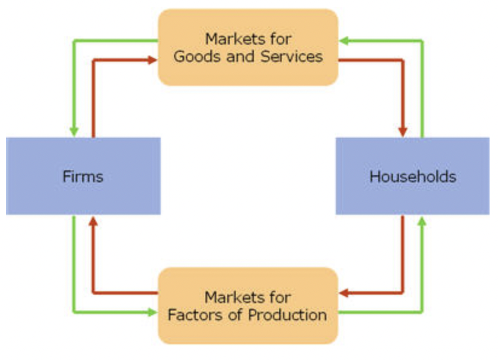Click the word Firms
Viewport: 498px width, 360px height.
[x=83, y=176]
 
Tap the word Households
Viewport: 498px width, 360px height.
[x=412, y=176]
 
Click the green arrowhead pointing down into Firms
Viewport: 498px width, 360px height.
[x=74, y=131]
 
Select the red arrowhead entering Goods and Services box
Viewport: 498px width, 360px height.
[x=153, y=60]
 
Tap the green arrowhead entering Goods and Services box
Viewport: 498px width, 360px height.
[x=343, y=40]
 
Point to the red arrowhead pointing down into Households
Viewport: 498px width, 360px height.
[x=403, y=131]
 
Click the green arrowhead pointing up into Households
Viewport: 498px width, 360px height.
[x=422, y=221]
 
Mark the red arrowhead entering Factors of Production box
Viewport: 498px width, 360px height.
[x=343, y=294]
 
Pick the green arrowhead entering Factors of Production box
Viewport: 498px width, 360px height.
[x=153, y=312]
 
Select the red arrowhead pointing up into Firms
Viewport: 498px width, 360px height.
[x=93, y=221]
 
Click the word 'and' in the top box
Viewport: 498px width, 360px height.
[x=244, y=57]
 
